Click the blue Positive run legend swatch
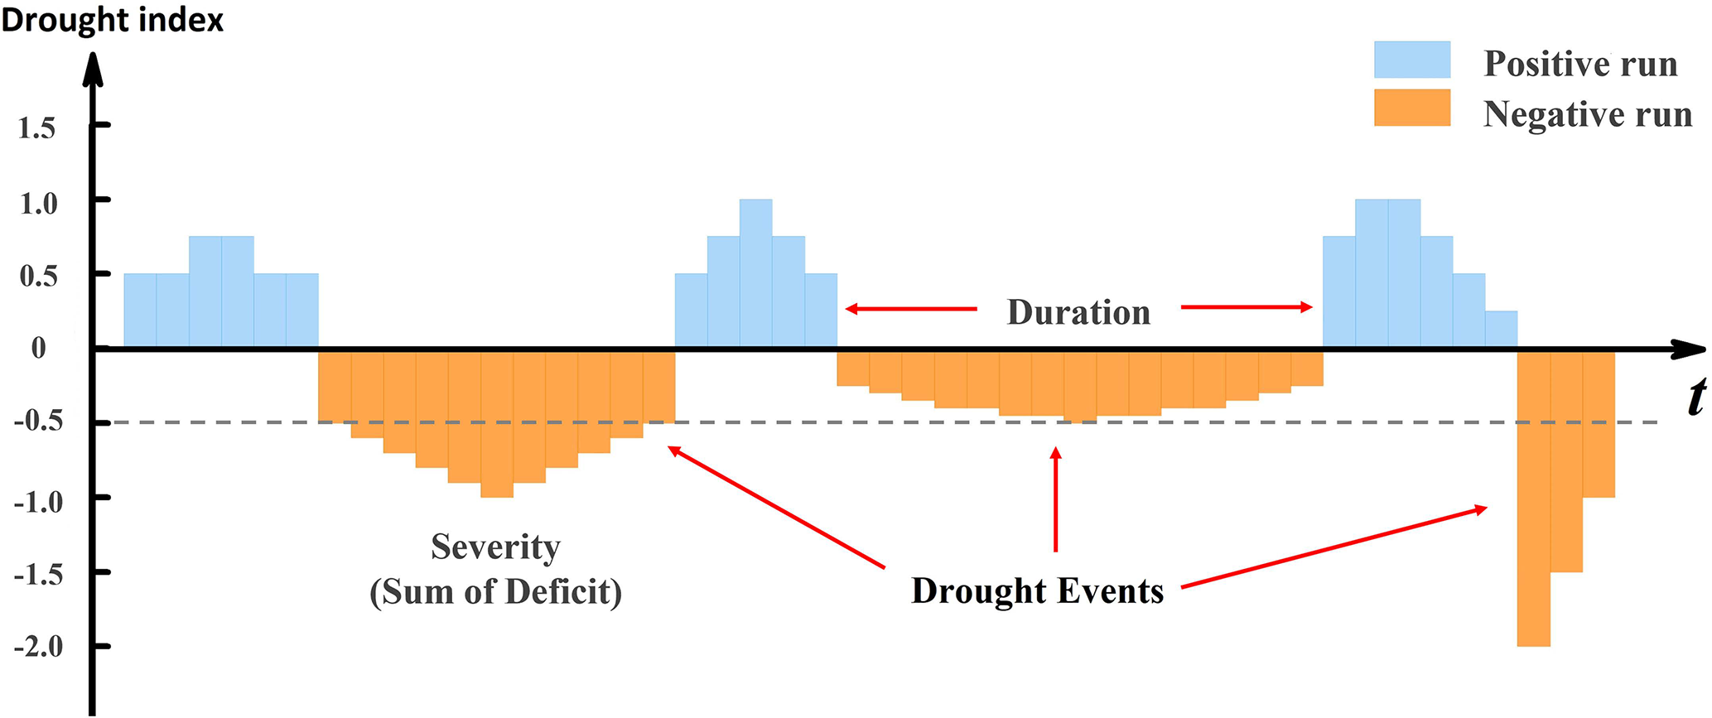point(1412,60)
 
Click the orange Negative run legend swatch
point(1412,108)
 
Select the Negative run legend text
point(1587,113)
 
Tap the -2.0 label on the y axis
point(38,646)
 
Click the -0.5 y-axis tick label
point(38,422)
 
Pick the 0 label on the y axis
point(39,348)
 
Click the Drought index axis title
point(113,20)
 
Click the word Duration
point(1078,312)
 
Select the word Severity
point(495,547)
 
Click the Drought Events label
point(1038,590)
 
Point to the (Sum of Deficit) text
point(495,591)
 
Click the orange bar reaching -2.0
point(1534,498)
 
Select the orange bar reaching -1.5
point(1566,460)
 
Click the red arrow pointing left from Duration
point(911,309)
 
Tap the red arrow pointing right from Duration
point(1247,307)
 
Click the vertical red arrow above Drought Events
point(1055,499)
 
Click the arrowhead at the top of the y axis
point(94,68)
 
